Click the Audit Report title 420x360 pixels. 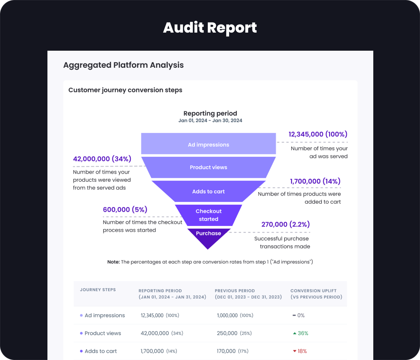210,28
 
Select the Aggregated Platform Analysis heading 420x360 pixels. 123,65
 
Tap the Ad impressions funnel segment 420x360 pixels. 209,145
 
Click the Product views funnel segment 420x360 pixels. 209,167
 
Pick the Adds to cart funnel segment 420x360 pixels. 209,191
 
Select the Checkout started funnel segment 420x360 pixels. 209,215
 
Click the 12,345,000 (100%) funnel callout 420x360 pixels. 318,134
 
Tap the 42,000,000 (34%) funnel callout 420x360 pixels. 102,159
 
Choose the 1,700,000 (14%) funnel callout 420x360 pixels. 315,181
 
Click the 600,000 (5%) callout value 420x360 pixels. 125,209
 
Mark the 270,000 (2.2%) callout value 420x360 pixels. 286,225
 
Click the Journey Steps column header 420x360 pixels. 98,290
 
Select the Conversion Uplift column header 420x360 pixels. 316,294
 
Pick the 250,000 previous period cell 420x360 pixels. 227,333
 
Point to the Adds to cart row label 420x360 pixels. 101,351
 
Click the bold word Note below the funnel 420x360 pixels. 113,262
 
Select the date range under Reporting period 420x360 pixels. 210,121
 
